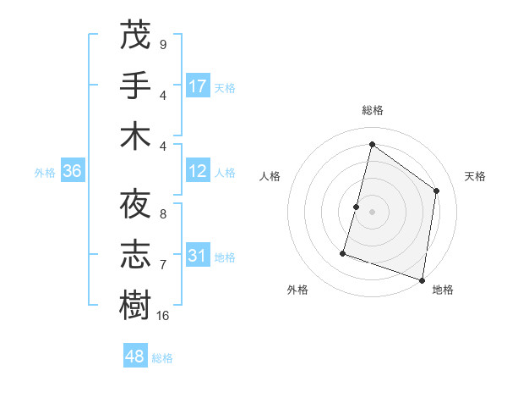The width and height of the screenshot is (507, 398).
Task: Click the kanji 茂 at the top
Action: point(135,35)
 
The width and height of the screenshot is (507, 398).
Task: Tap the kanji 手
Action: point(135,85)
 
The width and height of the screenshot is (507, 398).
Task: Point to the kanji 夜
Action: point(135,204)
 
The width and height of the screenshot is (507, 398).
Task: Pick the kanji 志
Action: point(135,255)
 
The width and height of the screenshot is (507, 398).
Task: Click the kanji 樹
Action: point(135,306)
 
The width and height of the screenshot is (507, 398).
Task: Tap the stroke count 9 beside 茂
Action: point(162,44)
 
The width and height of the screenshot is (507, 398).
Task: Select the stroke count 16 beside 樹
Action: point(163,316)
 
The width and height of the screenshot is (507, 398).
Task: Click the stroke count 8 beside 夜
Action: point(162,214)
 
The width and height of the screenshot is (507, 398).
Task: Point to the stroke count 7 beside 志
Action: point(162,265)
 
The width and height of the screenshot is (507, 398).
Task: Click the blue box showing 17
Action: point(198,86)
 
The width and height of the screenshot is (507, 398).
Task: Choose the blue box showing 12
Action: point(198,171)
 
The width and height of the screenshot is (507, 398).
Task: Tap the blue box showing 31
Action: point(198,256)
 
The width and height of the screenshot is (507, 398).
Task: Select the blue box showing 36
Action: point(73,171)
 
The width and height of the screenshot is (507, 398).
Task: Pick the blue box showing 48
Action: point(135,357)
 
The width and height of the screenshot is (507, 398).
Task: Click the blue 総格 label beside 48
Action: point(162,358)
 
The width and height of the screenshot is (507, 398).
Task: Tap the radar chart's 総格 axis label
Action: point(372,110)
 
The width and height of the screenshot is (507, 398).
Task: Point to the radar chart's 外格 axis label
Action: point(297,290)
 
